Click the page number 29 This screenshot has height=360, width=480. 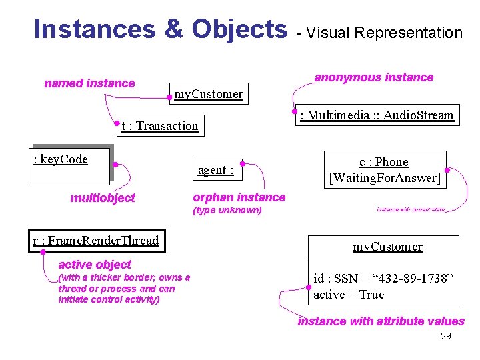pyautogui.click(x=446, y=336)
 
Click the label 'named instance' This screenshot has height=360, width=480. pyautogui.click(x=89, y=83)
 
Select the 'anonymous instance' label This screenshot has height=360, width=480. pyautogui.click(x=373, y=77)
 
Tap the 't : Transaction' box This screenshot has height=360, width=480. pyautogui.click(x=160, y=125)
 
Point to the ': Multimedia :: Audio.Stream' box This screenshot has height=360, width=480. pyautogui.click(x=377, y=115)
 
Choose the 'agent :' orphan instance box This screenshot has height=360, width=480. pyautogui.click(x=216, y=170)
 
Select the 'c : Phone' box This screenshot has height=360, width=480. pyautogui.click(x=383, y=162)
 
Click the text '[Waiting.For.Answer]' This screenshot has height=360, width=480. pyautogui.click(x=385, y=178)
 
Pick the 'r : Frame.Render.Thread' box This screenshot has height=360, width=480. pyautogui.click(x=96, y=240)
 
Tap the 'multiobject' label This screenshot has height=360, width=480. pyautogui.click(x=103, y=198)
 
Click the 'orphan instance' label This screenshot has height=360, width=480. pyautogui.click(x=239, y=197)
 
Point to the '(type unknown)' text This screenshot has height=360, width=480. pyautogui.click(x=227, y=211)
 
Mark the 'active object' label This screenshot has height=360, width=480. pyautogui.click(x=95, y=265)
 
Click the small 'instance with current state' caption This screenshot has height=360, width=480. pyautogui.click(x=410, y=209)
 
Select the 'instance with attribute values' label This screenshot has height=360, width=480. pyautogui.click(x=381, y=321)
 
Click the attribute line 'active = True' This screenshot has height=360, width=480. pyautogui.click(x=349, y=295)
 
